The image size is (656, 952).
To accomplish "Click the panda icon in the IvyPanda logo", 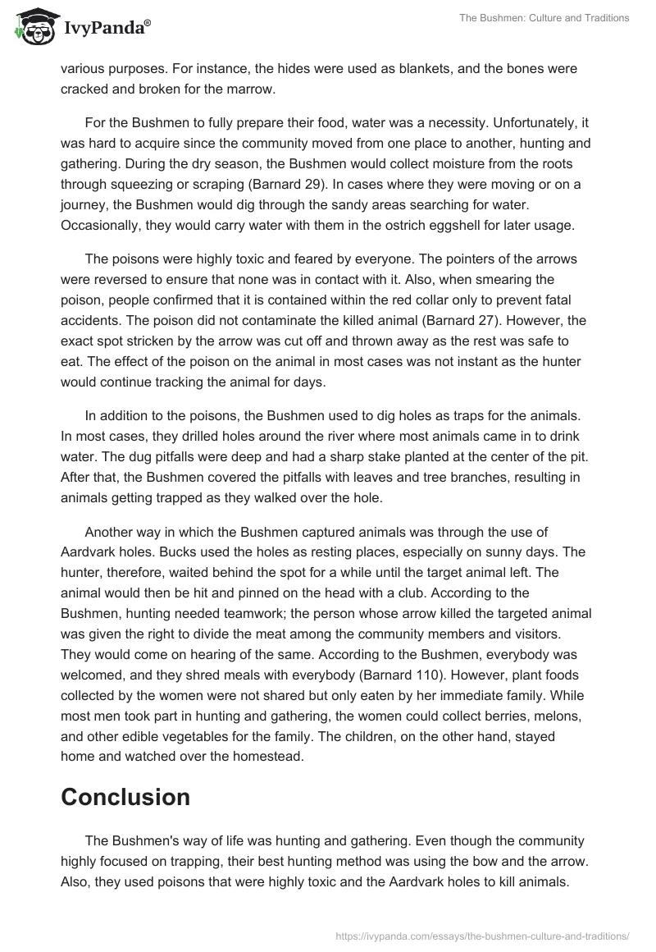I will [x=32, y=27].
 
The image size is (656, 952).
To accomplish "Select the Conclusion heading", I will [x=125, y=796].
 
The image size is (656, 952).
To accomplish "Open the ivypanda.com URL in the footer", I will [x=483, y=934].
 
